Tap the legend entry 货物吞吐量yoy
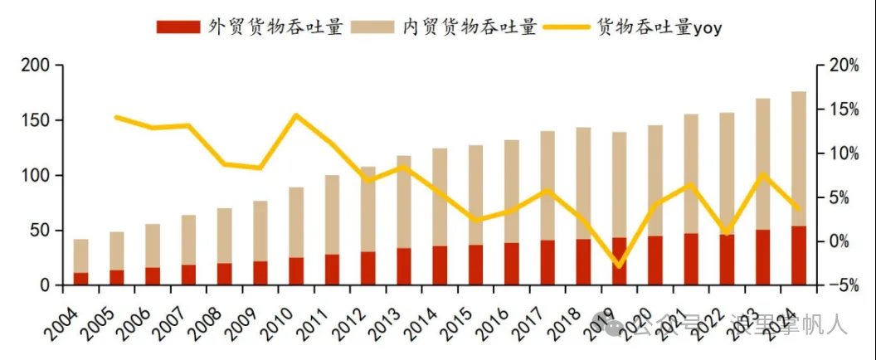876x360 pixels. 635,27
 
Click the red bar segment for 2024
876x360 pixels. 799,255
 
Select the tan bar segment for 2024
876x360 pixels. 799,158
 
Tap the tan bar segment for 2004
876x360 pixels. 81,255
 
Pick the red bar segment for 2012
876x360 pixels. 368,268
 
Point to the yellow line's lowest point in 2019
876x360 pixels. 619,266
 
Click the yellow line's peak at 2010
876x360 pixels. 296,114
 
